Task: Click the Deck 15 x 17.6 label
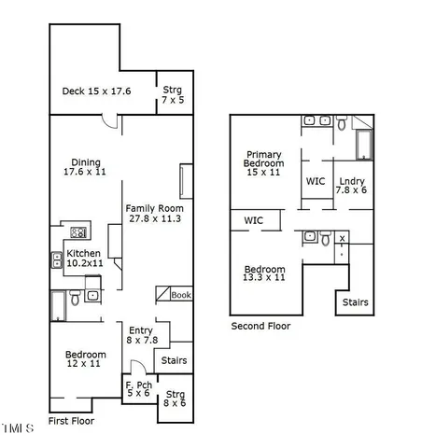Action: click(x=96, y=91)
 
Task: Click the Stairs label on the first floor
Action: click(x=175, y=360)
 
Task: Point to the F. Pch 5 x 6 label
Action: click(x=138, y=388)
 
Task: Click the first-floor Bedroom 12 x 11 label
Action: click(x=84, y=359)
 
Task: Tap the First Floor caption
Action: click(x=70, y=421)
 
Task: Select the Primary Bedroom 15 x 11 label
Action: click(x=264, y=162)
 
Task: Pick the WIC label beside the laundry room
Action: click(x=316, y=181)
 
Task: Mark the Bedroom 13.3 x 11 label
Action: click(x=264, y=273)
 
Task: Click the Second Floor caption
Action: click(x=260, y=326)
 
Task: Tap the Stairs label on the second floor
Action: click(x=355, y=302)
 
